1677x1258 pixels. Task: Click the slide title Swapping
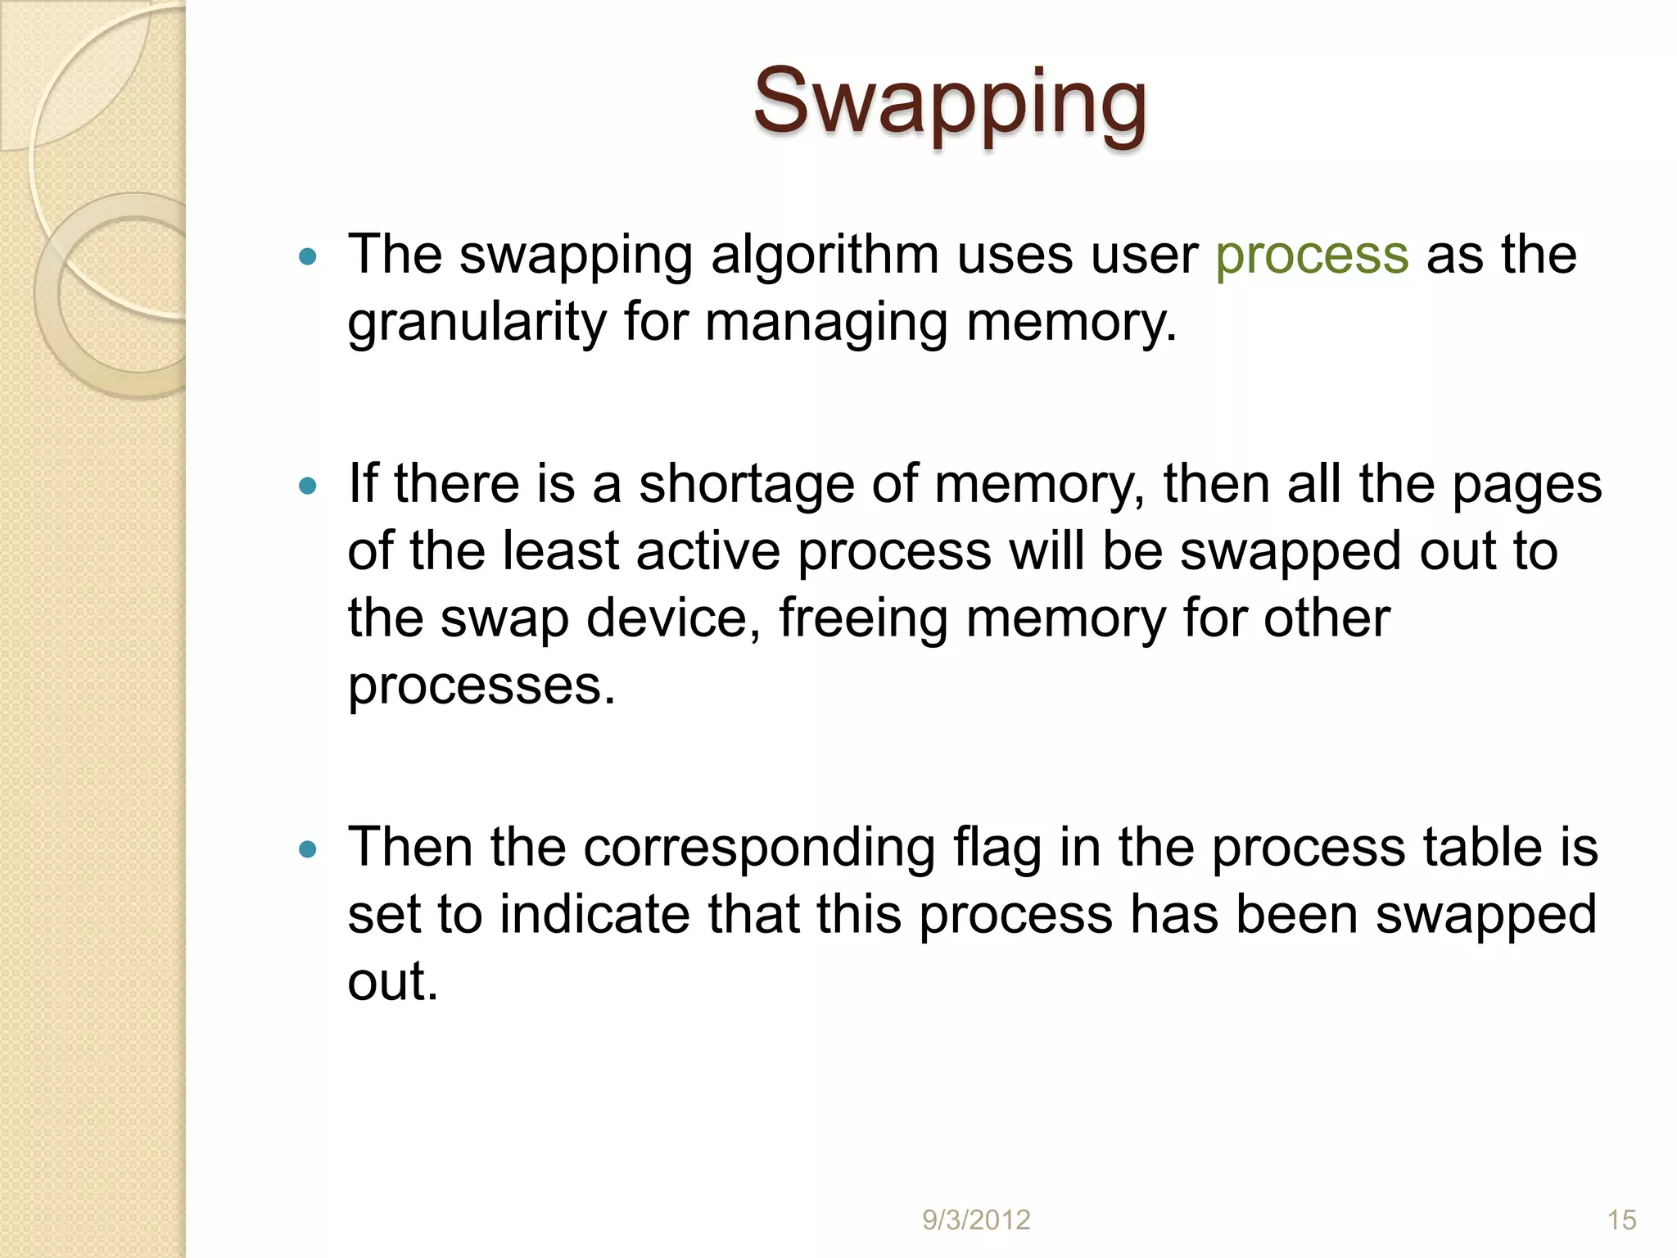click(950, 102)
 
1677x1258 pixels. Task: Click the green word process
click(1312, 256)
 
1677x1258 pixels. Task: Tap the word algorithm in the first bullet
click(825, 256)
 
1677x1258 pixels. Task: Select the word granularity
click(477, 323)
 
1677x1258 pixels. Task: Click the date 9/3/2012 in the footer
click(976, 1220)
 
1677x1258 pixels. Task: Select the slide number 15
click(1621, 1220)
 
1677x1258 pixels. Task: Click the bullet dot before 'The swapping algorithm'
click(308, 257)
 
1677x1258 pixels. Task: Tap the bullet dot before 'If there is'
click(308, 486)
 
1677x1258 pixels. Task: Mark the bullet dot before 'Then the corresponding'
click(308, 849)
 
